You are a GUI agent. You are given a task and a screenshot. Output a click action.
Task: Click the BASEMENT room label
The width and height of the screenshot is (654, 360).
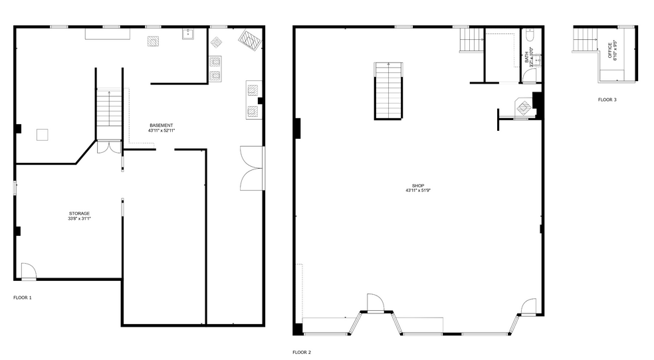pyautogui.click(x=161, y=126)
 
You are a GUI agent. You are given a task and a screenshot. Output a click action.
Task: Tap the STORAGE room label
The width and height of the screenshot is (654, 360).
pyautogui.click(x=79, y=213)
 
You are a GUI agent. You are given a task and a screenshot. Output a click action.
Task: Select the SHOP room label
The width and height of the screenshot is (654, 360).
pyautogui.click(x=417, y=185)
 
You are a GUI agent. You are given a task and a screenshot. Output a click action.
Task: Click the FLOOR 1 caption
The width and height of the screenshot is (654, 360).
pyautogui.click(x=23, y=298)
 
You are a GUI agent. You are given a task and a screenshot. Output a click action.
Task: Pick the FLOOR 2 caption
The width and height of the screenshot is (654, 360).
pyautogui.click(x=302, y=352)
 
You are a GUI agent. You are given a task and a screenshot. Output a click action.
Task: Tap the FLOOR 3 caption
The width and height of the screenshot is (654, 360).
pyautogui.click(x=607, y=100)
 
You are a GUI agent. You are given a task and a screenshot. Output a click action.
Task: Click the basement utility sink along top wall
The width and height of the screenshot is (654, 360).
pyautogui.click(x=188, y=34)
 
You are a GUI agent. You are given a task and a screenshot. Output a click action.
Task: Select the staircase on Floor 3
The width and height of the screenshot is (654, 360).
pyautogui.click(x=585, y=40)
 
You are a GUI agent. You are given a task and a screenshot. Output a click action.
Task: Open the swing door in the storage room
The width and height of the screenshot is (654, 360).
pyautogui.click(x=29, y=271)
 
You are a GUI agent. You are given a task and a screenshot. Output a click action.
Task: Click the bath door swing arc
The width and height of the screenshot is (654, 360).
pyautogui.click(x=528, y=75)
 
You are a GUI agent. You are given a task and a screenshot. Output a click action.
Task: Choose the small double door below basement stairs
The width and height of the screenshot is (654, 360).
pyautogui.click(x=108, y=147)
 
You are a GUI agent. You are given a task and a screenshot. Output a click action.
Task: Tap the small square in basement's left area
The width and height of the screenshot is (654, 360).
pyautogui.click(x=43, y=134)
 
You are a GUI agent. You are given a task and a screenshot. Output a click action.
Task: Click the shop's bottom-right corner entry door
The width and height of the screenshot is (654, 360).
pyautogui.click(x=529, y=307)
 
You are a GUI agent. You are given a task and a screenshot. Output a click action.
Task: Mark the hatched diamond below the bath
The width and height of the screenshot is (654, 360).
pyautogui.click(x=524, y=106)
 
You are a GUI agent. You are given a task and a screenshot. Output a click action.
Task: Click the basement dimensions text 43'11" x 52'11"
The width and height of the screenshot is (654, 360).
pyautogui.click(x=161, y=131)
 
